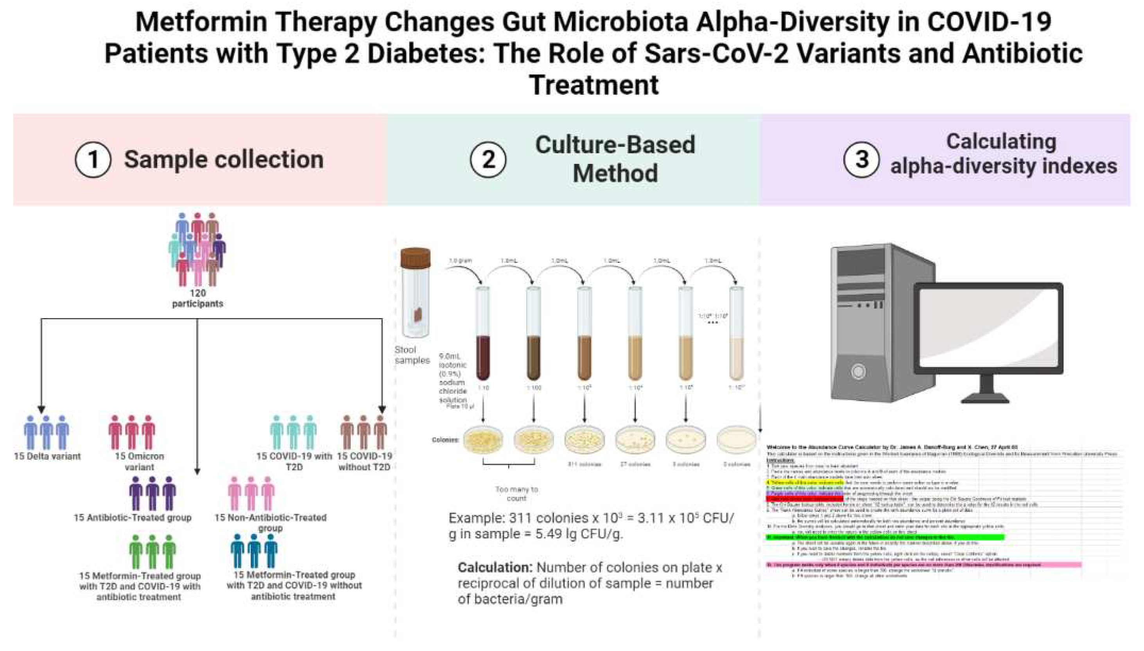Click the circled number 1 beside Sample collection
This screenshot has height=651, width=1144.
[x=93, y=160]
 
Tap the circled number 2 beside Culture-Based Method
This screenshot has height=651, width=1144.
[x=488, y=160]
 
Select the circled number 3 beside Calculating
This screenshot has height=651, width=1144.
[x=861, y=160]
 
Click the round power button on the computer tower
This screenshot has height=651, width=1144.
[x=858, y=372]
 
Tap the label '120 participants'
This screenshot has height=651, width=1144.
[x=197, y=298]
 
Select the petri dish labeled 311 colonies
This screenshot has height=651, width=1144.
[x=584, y=439]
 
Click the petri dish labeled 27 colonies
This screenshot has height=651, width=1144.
[x=635, y=439]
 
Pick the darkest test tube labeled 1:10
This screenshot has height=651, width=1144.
[x=483, y=358]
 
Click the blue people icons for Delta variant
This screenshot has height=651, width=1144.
[x=47, y=432]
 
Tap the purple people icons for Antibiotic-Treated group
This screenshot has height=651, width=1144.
[x=152, y=493]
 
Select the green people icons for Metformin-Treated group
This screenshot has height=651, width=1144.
[x=152, y=552]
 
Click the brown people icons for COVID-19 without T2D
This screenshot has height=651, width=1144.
[x=364, y=432]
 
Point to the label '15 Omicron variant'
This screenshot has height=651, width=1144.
[x=139, y=461]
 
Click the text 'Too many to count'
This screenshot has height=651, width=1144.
[x=516, y=494]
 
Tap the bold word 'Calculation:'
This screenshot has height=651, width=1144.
[x=495, y=567]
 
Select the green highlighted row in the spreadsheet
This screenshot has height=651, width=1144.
[x=884, y=537]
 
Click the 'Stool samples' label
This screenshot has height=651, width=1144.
[x=411, y=355]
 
